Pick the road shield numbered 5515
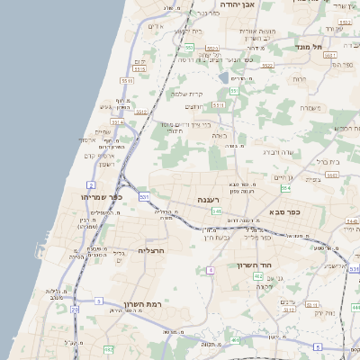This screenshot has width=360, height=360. pyautogui.click(x=139, y=67)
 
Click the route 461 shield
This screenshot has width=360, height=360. pyautogui.click(x=235, y=341)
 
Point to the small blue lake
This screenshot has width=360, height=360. pyautogui.click(x=222, y=76)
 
